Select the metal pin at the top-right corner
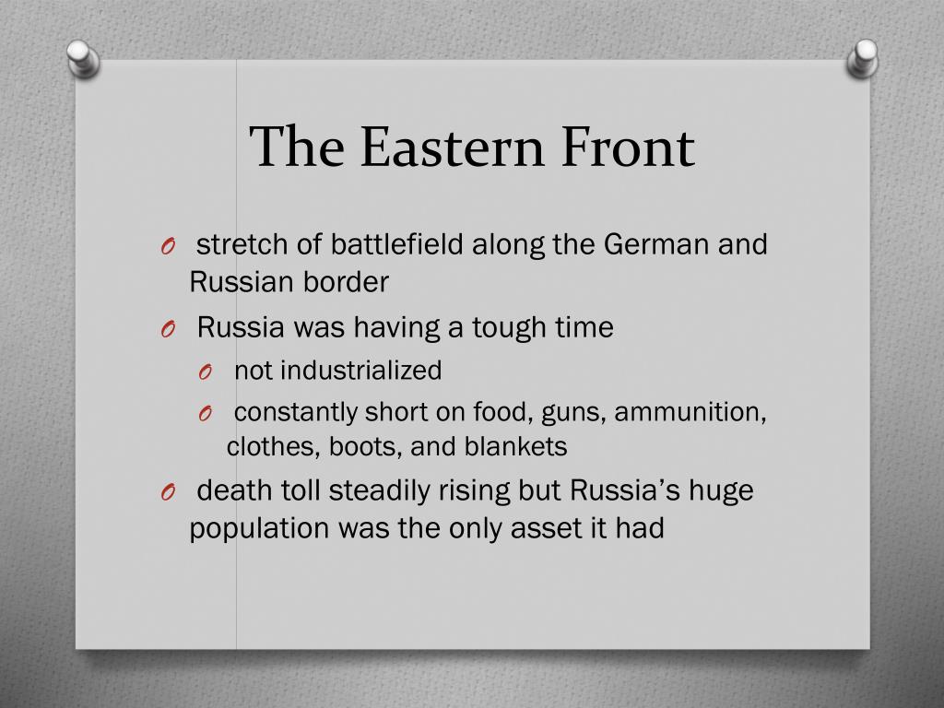pyautogui.click(x=862, y=57)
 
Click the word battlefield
pyautogui.click(x=400, y=245)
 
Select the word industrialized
pyautogui.click(x=360, y=371)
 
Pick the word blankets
pyautogui.click(x=515, y=447)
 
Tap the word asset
pyautogui.click(x=552, y=528)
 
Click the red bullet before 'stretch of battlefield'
pyautogui.click(x=166, y=246)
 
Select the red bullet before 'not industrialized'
pyautogui.click(x=205, y=372)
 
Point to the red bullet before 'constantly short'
pyautogui.click(x=205, y=412)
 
